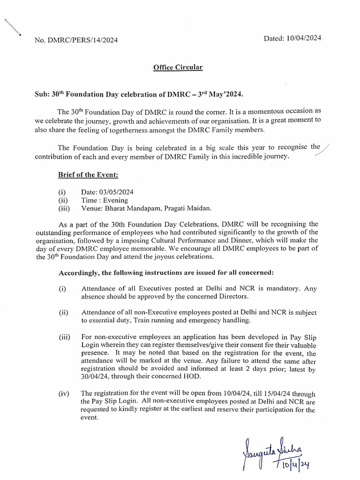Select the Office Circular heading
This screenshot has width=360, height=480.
click(x=178, y=67)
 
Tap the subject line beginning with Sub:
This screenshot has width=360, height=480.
click(x=139, y=95)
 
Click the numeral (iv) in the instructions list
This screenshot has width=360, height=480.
click(x=64, y=394)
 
